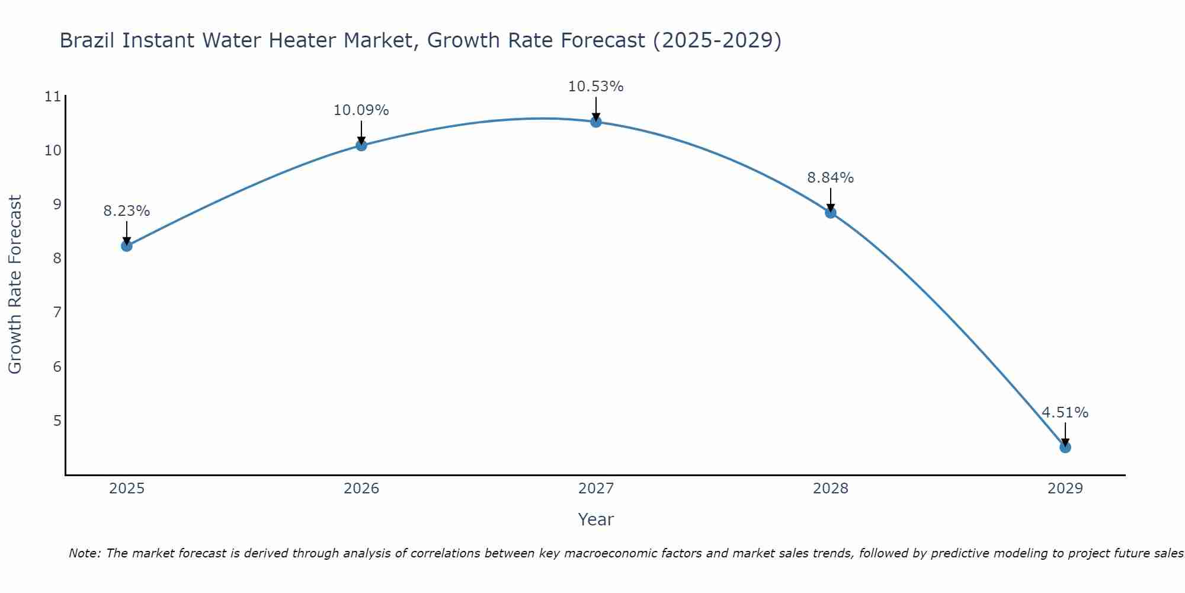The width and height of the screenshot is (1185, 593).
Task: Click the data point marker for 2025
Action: pos(127,246)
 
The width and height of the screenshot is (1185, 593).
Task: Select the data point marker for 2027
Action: pos(596,122)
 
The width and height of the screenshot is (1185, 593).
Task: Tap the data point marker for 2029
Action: pos(1065,447)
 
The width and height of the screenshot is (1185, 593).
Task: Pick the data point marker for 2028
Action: pos(831,212)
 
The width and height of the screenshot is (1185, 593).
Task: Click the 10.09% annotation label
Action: pos(361,110)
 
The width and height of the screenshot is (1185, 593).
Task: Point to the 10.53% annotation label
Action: pos(595,87)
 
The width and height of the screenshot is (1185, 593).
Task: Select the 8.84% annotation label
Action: pos(830,178)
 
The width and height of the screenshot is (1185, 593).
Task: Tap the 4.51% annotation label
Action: pos(1065,413)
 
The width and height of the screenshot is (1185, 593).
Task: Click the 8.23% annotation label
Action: pos(127,211)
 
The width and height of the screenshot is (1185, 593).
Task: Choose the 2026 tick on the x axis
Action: pos(361,489)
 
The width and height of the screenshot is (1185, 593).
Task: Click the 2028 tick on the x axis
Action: pos(831,489)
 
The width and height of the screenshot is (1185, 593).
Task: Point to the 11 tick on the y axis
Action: pos(53,97)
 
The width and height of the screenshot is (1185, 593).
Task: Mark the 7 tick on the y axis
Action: pos(57,313)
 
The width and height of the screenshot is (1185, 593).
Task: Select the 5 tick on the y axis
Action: pos(57,421)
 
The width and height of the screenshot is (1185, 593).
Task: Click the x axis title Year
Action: pos(595,519)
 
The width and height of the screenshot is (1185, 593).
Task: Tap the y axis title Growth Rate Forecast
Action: pos(15,285)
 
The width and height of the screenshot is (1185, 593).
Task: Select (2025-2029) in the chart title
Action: pos(717,40)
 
